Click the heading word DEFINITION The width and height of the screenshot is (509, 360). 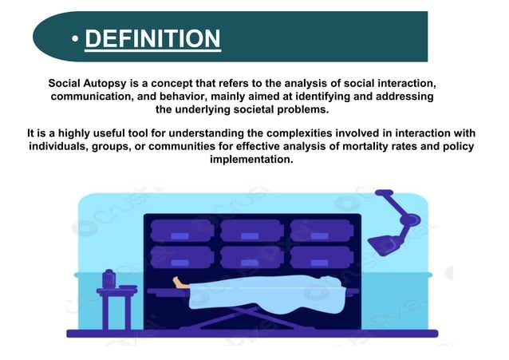point(152,38)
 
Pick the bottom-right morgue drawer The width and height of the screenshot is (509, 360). point(321,257)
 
